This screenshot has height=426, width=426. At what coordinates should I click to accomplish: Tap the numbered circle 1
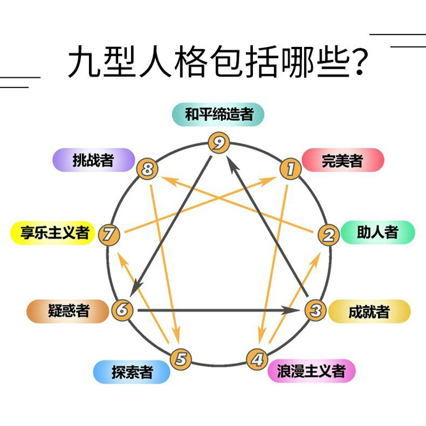[x=291, y=169]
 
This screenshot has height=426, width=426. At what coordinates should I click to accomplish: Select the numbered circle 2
[x=329, y=234]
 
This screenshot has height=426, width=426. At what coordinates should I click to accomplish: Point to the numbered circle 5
[x=181, y=359]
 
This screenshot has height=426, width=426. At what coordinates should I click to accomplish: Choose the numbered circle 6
[x=122, y=309]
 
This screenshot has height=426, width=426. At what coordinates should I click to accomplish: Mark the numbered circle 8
[x=148, y=169]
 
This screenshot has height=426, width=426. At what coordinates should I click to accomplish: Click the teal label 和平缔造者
[x=218, y=114]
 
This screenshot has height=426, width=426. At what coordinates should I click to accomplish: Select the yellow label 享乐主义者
[x=54, y=233]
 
